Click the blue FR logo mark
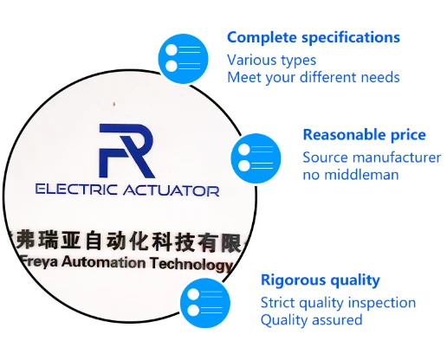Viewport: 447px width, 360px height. [x=126, y=151]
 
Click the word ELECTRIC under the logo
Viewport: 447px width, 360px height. [x=76, y=190]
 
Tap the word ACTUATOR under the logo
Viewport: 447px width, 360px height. [x=172, y=190]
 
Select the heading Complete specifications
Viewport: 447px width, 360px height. [x=314, y=38]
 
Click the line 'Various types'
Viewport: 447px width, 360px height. [x=271, y=61]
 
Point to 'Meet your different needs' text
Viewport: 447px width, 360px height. [x=314, y=78]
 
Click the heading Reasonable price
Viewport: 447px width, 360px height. [x=364, y=135]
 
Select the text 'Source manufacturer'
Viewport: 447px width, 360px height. [x=372, y=157]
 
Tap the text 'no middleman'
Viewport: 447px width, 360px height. [x=351, y=175]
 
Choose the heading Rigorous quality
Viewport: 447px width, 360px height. [x=321, y=280]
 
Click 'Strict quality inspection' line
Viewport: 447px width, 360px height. [x=338, y=303]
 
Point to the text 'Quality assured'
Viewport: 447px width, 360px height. [x=311, y=320]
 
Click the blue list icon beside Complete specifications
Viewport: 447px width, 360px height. [x=183, y=59]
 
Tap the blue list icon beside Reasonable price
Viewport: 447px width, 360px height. [x=256, y=158]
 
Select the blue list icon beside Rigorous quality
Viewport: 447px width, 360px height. [x=205, y=303]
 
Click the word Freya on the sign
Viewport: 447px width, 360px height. [x=40, y=261]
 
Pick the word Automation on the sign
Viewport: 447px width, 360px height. [x=104, y=262]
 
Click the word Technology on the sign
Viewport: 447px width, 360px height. [x=191, y=265]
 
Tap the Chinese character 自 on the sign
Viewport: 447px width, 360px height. [x=94, y=240]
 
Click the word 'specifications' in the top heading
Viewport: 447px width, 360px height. [x=351, y=38]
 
